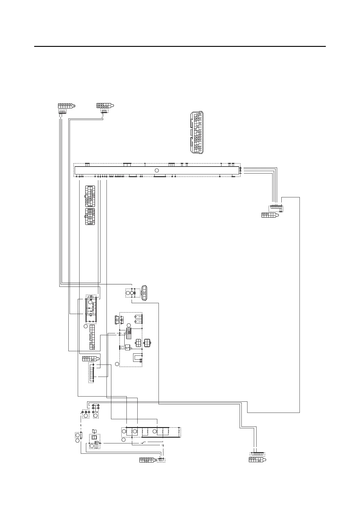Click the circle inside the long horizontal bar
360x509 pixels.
[157, 170]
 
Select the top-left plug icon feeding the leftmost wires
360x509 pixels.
[66, 106]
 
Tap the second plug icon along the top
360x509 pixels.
[105, 106]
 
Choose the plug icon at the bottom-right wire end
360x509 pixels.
[257, 460]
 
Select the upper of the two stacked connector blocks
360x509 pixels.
[90, 196]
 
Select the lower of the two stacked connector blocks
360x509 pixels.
[90, 217]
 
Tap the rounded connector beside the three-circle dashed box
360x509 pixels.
[144, 293]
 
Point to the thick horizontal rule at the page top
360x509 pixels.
[180, 47]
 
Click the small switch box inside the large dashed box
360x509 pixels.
[127, 348]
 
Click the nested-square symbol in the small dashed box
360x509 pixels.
[94, 437]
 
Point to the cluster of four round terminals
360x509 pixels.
[96, 408]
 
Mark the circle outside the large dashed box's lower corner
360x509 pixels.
[117, 364]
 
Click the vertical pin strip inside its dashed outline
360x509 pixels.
[91, 373]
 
